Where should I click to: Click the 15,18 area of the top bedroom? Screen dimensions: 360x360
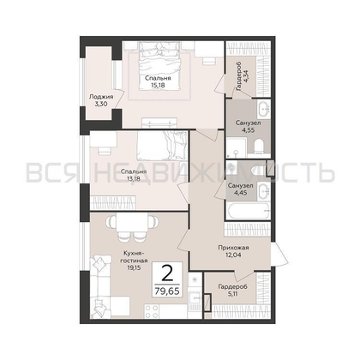[x=158, y=85]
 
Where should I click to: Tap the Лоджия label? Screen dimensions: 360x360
[x=101, y=97]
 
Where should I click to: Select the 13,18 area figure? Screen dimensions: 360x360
[x=134, y=179]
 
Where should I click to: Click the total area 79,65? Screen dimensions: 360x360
[x=167, y=291]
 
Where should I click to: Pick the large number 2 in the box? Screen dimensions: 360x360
[x=167, y=273]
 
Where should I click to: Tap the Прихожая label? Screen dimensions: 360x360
[x=233, y=248]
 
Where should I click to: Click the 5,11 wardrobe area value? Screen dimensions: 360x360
[x=233, y=293]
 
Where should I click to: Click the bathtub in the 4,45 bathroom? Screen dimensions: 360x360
[x=248, y=211]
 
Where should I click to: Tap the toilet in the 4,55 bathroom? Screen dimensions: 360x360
[x=260, y=146]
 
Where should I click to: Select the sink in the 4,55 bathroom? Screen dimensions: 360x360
[x=263, y=109]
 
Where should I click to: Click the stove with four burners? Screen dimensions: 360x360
[x=152, y=311]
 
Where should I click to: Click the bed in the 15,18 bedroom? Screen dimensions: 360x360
[x=159, y=66]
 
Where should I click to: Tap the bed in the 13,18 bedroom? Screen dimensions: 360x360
[x=162, y=145]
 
